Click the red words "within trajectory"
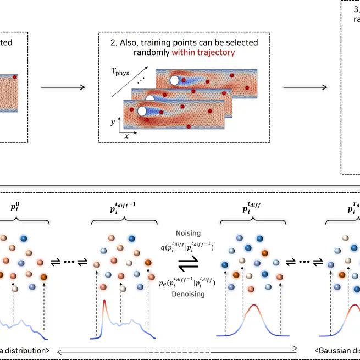[x=203, y=53]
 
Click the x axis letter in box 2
[x=126, y=135]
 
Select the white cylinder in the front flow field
[x=142, y=111]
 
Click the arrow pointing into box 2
[x=63, y=87]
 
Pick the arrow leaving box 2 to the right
[x=305, y=87]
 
